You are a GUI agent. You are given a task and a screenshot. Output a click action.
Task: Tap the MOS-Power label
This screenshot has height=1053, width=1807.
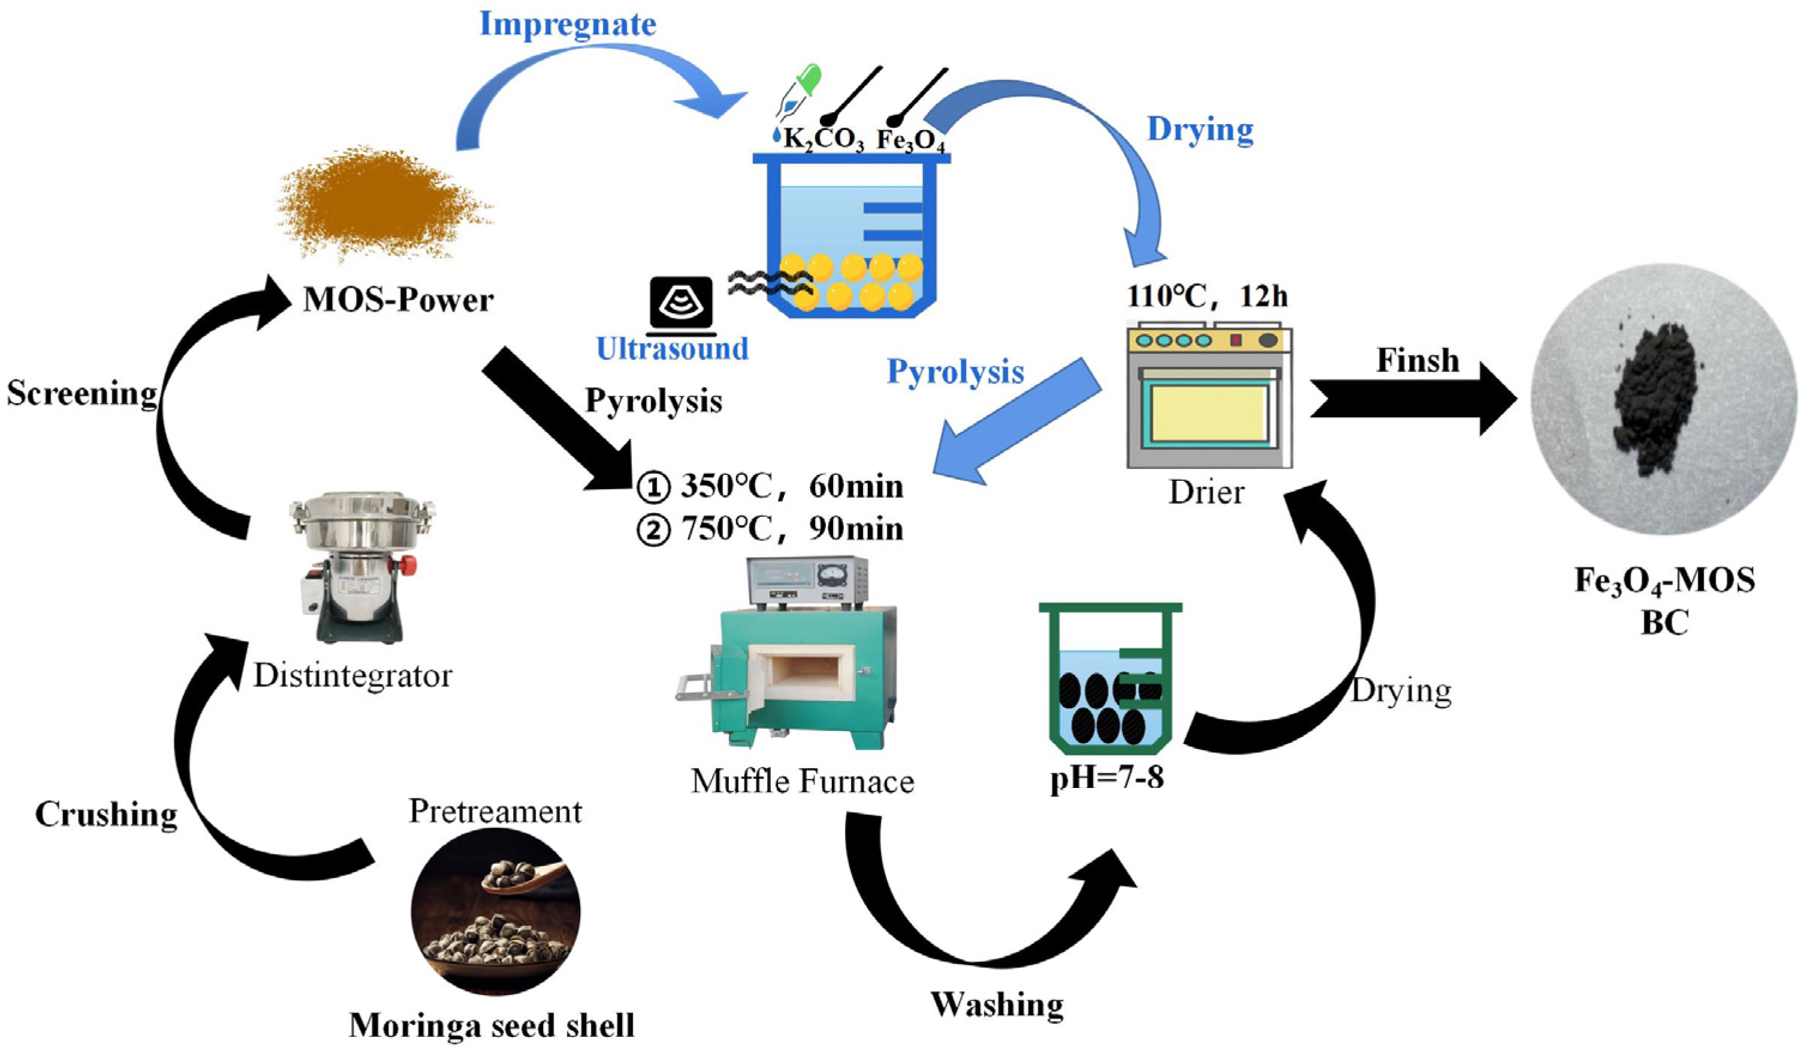click(x=398, y=300)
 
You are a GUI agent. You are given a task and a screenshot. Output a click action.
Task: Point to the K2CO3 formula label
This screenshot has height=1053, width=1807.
click(x=823, y=139)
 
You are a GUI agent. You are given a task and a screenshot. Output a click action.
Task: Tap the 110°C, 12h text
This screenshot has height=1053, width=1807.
click(x=1207, y=296)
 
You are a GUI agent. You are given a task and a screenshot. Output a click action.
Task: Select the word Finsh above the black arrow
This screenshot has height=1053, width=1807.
click(x=1417, y=360)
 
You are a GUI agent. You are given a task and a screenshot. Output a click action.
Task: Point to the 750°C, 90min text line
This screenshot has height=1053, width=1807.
click(x=771, y=529)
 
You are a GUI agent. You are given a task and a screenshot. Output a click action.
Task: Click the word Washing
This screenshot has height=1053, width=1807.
click(x=997, y=1004)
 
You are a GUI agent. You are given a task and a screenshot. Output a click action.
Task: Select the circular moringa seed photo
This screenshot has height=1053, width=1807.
click(x=496, y=911)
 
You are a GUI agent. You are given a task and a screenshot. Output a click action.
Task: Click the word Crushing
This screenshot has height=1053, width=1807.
click(x=106, y=815)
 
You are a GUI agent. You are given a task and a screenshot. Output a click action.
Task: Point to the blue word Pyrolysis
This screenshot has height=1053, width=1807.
click(x=955, y=372)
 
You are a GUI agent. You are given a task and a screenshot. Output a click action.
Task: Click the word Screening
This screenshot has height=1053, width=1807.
click(x=82, y=393)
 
